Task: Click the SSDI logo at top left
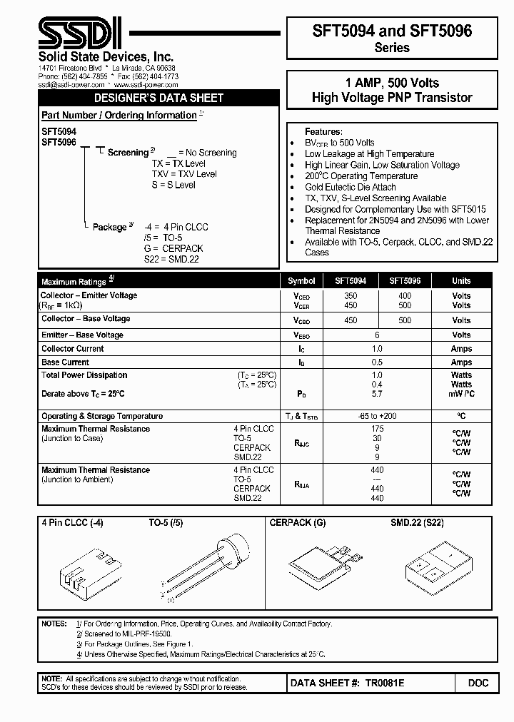pos(79,33)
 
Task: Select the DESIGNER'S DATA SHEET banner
pos(159,98)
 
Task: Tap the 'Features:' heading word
pos(323,132)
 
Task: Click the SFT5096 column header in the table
pos(405,281)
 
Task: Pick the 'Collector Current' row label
pos(72,349)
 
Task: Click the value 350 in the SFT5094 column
pos(351,295)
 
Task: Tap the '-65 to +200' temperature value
pos(377,416)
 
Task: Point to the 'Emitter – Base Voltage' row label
pos(82,335)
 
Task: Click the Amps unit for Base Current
pos(461,362)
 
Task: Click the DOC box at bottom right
pos(478,683)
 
